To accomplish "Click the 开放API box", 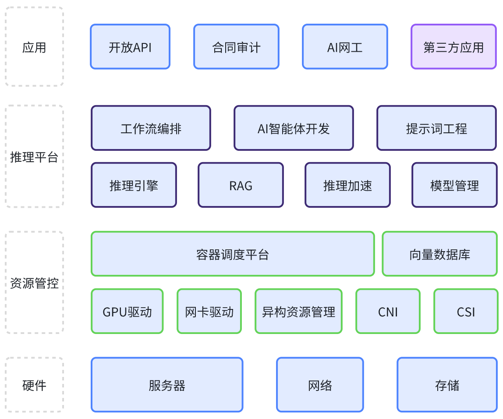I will coord(130,47).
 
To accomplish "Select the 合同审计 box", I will coord(236,47).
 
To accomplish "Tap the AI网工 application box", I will coord(345,47).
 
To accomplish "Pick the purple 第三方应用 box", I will coord(453,47).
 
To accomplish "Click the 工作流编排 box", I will coord(151,128).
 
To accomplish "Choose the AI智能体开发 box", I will coord(294,128).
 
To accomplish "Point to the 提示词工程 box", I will coord(436,128).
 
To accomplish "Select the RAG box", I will coord(241,185).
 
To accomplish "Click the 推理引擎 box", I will coord(134,185).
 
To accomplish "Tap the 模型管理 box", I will coord(454,185).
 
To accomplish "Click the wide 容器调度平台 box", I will coord(233,254).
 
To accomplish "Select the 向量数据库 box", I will coord(439,254).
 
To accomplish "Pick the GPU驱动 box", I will coord(127,311).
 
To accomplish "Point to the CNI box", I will coord(388,311).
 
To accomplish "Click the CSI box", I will coord(466,311).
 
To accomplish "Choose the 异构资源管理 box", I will coord(298,311).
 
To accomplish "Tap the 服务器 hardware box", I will coord(167,385).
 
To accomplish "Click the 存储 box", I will coord(447,385).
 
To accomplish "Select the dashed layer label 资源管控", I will coord(34,283).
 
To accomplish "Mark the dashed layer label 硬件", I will coord(34,385).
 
